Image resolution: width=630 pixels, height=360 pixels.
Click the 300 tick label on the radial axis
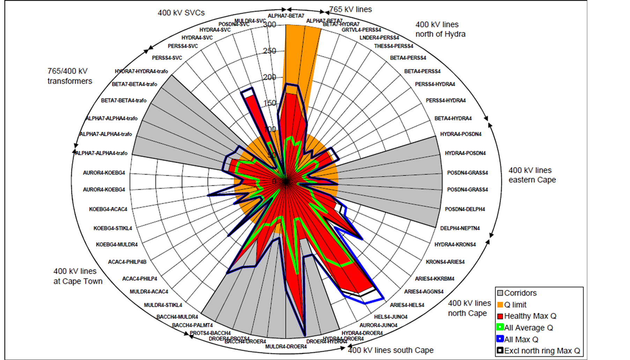pyautogui.click(x=270, y=24)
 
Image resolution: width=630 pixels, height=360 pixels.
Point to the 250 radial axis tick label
pyautogui.click(x=269, y=51)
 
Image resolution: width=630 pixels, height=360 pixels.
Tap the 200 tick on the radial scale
pyautogui.click(x=269, y=77)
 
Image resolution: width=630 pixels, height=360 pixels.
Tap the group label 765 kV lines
pyautogui.click(x=350, y=9)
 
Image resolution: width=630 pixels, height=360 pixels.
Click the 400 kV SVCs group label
pyautogui.click(x=181, y=13)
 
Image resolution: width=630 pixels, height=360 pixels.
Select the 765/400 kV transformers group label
pyautogui.click(x=70, y=76)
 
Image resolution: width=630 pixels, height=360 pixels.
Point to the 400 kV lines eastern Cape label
pyautogui.click(x=532, y=175)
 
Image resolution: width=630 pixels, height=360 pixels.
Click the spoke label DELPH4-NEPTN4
pyautogui.click(x=460, y=228)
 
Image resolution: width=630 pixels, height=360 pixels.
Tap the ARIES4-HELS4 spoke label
pyautogui.click(x=407, y=305)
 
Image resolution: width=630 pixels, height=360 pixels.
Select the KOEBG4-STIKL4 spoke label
pyautogui.click(x=113, y=228)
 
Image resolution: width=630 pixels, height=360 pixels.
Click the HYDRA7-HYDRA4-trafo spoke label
pyautogui.click(x=141, y=72)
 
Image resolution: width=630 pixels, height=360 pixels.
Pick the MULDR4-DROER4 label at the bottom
pyautogui.click(x=286, y=347)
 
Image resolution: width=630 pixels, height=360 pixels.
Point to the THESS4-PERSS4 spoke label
pyautogui.click(x=393, y=46)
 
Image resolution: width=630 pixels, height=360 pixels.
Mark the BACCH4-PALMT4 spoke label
pyautogui.click(x=192, y=325)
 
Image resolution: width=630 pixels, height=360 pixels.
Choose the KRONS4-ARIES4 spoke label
pyautogui.click(x=445, y=262)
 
